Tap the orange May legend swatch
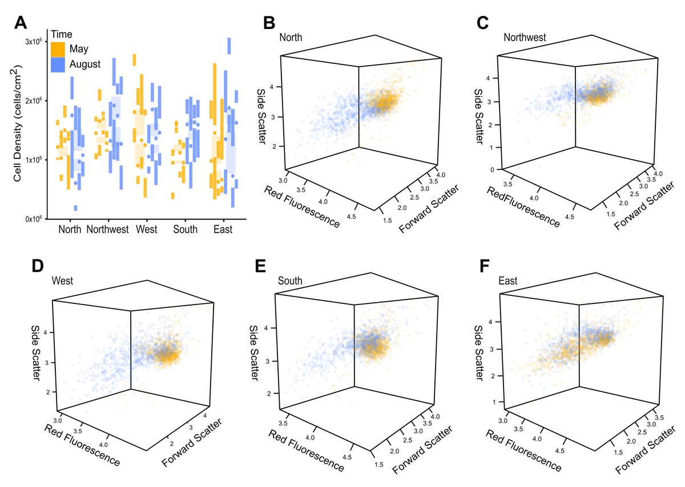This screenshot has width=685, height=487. (58, 48)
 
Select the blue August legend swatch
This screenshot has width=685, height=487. (58, 64)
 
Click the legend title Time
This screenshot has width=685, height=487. (62, 34)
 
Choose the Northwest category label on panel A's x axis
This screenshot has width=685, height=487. (108, 230)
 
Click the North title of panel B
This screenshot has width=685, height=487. (291, 38)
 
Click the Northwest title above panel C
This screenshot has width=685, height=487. (525, 38)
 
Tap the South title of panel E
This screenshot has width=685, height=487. (290, 281)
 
